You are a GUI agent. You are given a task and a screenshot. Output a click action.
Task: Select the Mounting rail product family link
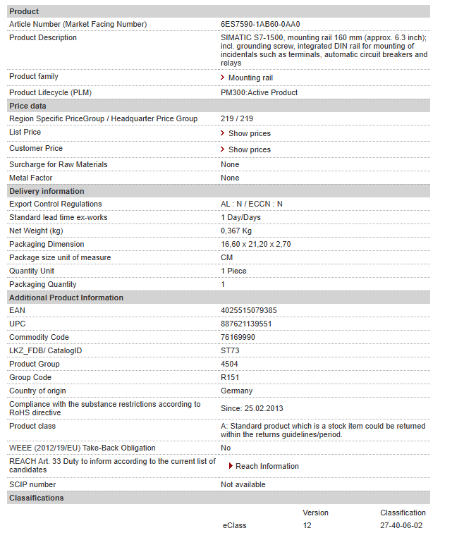coord(250,78)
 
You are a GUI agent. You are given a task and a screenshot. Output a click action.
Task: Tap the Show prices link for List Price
coord(249,133)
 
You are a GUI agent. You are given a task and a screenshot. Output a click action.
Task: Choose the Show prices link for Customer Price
coord(249,149)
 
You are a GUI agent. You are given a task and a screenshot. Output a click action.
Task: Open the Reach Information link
coord(267,466)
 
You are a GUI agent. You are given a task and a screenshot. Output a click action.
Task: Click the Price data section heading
coord(28,106)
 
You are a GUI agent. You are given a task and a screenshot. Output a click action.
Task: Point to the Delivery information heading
coord(47,191)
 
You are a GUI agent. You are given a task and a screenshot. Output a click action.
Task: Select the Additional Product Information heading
coord(66,298)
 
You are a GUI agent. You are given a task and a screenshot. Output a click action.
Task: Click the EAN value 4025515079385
coord(248,310)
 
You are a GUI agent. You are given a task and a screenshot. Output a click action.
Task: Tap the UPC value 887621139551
coord(246,324)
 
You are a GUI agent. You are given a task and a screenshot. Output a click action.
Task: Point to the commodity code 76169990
coord(238,337)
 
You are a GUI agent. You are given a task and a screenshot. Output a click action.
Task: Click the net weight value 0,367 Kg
coord(236,231)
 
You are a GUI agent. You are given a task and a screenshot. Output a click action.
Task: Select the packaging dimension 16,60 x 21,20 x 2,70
coord(255,244)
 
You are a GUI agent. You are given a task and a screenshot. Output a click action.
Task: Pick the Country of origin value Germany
coord(236,391)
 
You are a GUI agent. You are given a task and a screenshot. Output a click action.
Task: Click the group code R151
coord(230,377)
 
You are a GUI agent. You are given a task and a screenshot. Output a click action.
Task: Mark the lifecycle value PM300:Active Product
coord(259,92)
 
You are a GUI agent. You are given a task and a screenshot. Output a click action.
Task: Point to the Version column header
coord(315,513)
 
